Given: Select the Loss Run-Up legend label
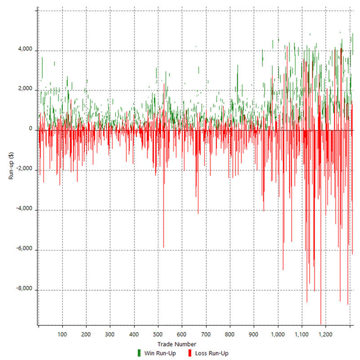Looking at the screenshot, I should (212, 353).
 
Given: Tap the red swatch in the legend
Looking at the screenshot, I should (190, 353).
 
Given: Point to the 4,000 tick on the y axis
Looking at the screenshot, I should (25, 50).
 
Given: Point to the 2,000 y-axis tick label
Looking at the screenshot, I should (25, 90).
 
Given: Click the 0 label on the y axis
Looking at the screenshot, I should (31, 130).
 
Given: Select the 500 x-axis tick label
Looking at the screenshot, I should (158, 334).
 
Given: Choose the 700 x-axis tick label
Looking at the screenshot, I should (206, 334).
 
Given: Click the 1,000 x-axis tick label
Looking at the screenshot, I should (277, 334).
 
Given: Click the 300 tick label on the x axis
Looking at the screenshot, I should (110, 334).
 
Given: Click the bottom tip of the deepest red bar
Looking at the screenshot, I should (320, 324).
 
